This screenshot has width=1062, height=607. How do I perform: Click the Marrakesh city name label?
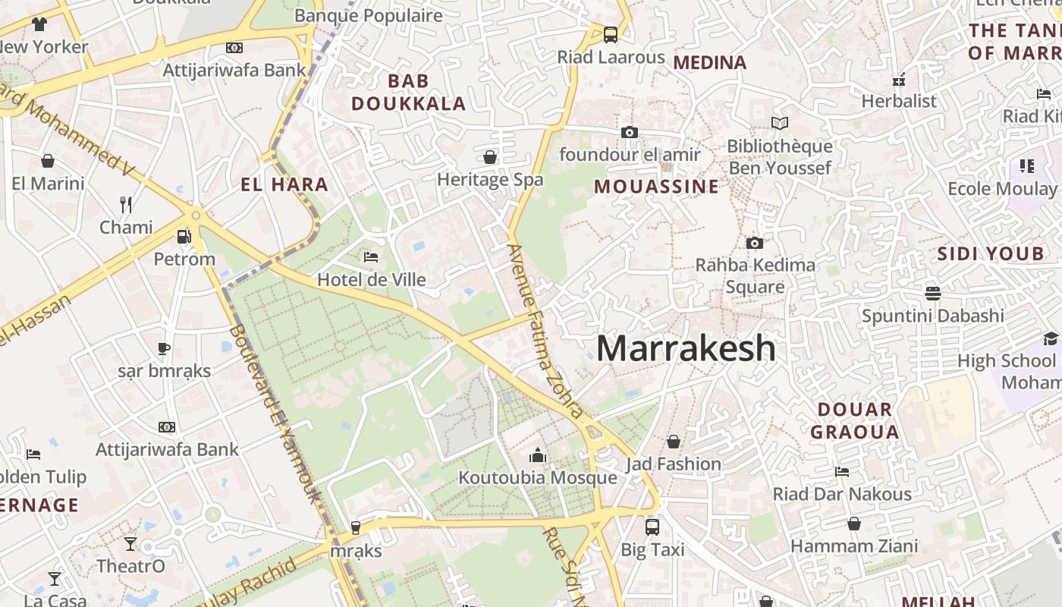point(686,348)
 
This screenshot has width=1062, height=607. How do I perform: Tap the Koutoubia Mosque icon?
point(538,455)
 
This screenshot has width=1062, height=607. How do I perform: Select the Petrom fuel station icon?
point(184,237)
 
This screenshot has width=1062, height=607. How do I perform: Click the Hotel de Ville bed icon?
point(371,257)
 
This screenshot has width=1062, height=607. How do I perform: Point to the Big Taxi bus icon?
point(652,527)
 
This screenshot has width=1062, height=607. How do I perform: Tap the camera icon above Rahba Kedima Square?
point(754,243)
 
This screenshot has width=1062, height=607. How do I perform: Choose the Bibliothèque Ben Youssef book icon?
point(779,123)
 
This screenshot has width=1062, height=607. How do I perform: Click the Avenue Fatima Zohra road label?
point(545,332)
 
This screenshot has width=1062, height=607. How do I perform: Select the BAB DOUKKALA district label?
point(409,92)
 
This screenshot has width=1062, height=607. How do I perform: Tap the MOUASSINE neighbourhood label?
point(656,187)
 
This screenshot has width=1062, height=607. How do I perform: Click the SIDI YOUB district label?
point(991,254)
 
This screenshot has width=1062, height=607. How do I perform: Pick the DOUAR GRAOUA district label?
point(855,421)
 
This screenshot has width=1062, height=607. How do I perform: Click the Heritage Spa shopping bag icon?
point(490,157)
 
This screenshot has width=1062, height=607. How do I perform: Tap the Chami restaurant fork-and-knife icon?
point(126,204)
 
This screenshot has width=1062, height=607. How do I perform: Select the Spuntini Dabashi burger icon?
point(932,293)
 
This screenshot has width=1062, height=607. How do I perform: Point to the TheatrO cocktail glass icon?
point(130,543)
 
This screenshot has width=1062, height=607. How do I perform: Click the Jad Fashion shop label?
point(674,464)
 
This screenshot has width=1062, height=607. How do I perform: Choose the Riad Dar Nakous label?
point(842,494)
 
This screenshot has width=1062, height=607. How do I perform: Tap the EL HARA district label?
point(284,184)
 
